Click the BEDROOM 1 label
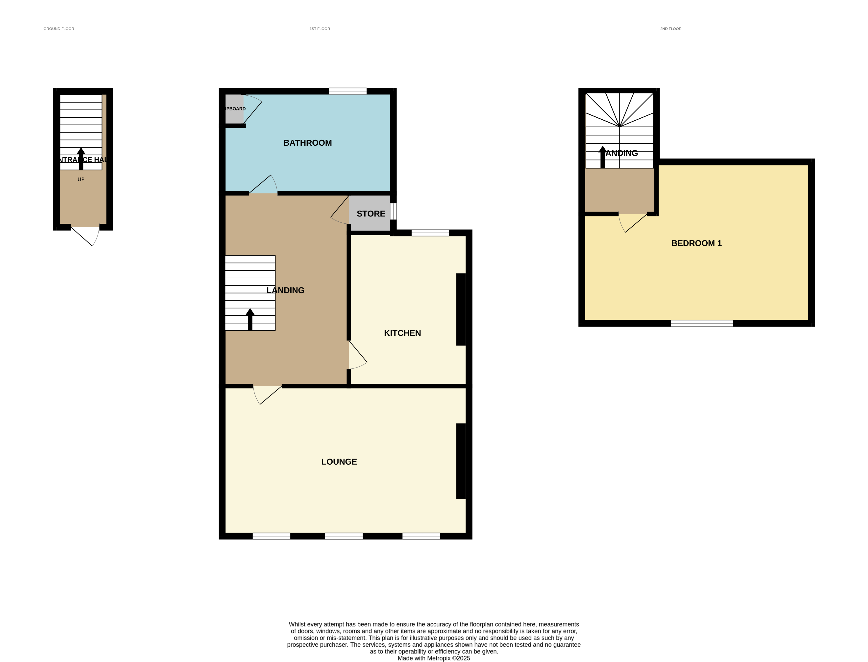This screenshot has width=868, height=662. [696, 243]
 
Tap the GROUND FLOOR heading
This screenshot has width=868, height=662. [59, 29]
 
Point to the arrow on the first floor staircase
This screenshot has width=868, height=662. [250, 319]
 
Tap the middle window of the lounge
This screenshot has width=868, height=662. [344, 536]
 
